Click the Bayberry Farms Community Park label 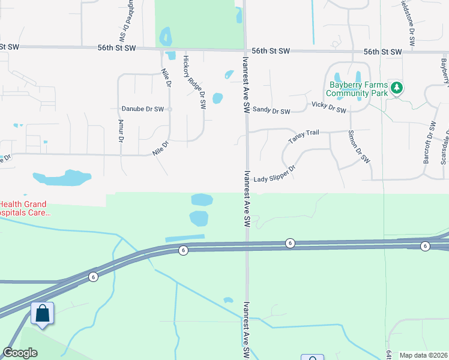point(357,89)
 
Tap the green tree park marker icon point(396,88)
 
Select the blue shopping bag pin point(43,314)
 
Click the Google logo point(20,353)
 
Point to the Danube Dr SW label point(143,109)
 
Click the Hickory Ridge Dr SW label point(194,82)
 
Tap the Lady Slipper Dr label point(275,176)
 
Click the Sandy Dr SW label point(271,110)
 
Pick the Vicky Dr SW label point(329,107)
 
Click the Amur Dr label point(121,131)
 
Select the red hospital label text point(25,208)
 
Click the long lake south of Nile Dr point(61,178)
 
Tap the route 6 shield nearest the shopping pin point(93,277)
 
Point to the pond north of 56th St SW point(166,37)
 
